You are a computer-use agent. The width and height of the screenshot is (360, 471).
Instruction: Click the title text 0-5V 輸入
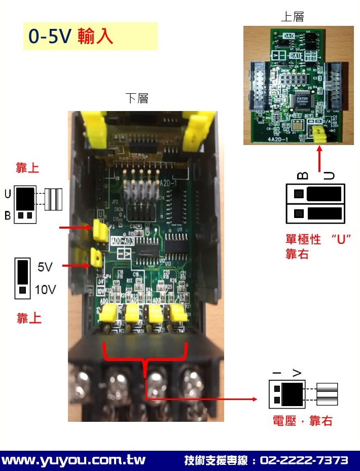click(x=70, y=37)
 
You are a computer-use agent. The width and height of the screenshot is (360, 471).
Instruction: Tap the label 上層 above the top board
click(x=293, y=17)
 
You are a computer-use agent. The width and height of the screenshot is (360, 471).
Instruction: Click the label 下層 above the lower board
click(x=137, y=98)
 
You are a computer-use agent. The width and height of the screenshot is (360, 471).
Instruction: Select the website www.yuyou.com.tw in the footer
click(x=74, y=460)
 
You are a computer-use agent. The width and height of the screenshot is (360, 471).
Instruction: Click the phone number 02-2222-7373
click(x=304, y=460)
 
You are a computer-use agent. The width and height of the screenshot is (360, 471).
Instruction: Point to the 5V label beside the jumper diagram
click(x=45, y=266)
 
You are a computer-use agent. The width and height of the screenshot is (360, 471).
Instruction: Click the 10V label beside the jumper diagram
click(x=45, y=290)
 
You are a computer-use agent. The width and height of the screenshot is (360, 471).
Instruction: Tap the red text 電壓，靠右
click(x=302, y=420)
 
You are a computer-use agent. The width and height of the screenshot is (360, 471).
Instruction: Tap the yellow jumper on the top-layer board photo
click(x=319, y=134)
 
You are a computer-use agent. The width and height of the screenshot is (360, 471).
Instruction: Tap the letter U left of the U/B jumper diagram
click(x=8, y=194)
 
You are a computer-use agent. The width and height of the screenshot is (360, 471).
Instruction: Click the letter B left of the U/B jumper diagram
click(x=8, y=216)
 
